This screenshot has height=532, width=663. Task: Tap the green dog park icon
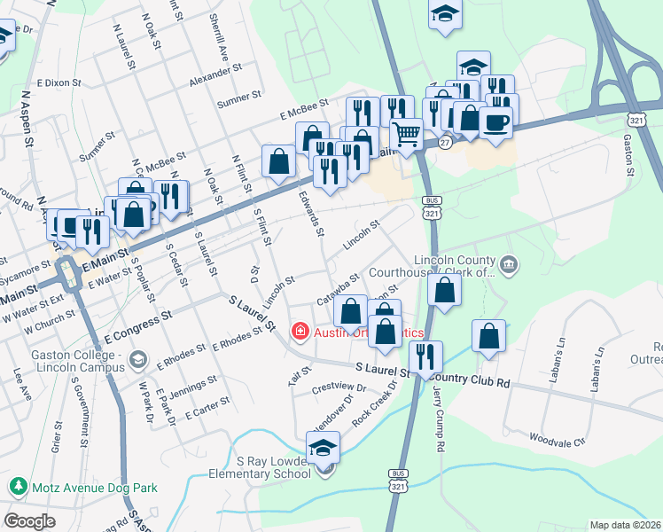pyautogui.click(x=17, y=487)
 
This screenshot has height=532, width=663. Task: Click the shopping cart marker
pyautogui.click(x=406, y=135)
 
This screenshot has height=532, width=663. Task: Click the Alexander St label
pyautogui.click(x=215, y=76)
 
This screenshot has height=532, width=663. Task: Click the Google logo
pyautogui.click(x=29, y=521)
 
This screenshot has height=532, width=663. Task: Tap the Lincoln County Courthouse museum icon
pyautogui.click(x=509, y=263)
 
